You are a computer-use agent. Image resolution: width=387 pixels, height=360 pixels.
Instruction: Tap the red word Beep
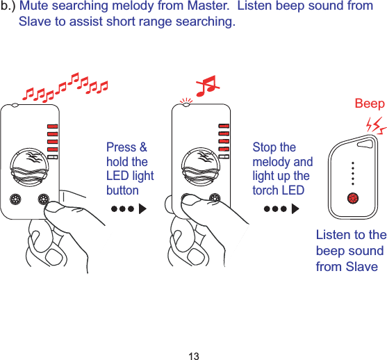tap(369, 104)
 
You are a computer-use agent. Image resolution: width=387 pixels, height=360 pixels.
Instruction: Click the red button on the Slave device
tap(353, 198)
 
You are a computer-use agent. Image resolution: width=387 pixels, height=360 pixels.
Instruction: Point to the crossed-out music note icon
tap(207, 87)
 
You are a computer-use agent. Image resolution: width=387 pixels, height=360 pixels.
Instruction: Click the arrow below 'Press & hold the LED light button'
tap(129, 208)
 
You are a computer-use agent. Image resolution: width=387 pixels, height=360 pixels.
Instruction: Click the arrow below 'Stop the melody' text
tap(276, 208)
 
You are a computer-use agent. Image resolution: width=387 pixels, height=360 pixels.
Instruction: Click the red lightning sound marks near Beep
tap(376, 125)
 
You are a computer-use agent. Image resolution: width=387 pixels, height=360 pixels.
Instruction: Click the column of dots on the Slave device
tap(353, 174)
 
